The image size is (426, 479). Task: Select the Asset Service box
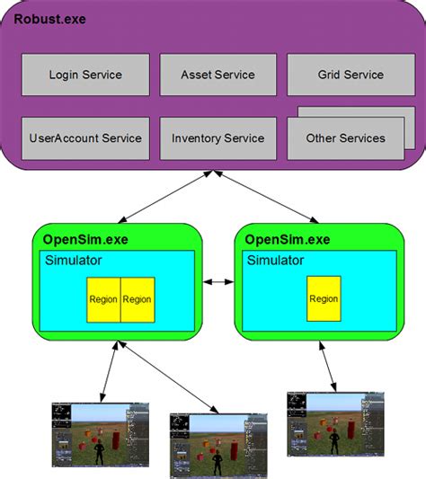(x=217, y=75)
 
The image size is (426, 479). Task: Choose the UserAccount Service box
(x=85, y=138)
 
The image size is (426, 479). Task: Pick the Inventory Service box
(x=217, y=138)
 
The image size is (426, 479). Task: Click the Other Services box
(x=345, y=138)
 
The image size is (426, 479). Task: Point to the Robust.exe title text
(x=49, y=18)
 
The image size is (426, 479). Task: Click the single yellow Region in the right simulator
(x=324, y=299)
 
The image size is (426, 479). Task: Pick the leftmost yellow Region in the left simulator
(x=103, y=299)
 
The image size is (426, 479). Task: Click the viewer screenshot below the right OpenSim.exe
(x=335, y=426)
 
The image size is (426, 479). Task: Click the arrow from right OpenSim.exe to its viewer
(x=329, y=364)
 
